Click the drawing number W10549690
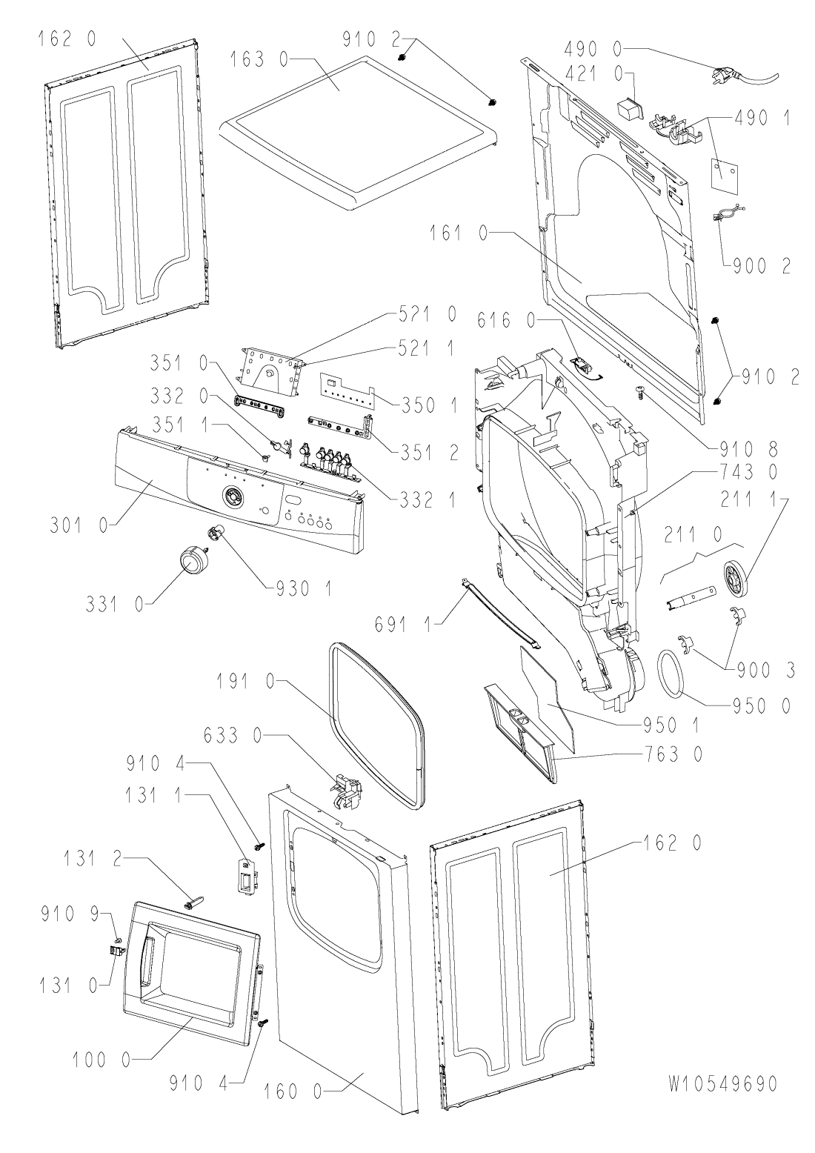coord(722,1083)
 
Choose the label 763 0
coord(669,755)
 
